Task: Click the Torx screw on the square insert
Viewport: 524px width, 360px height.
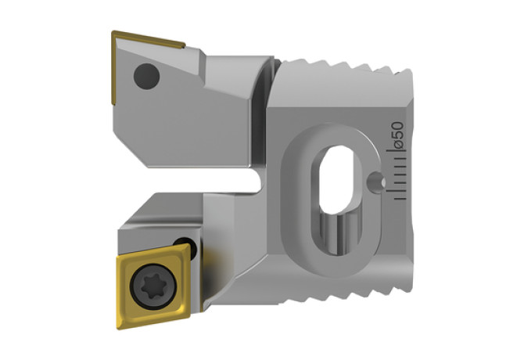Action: pyautogui.click(x=153, y=286)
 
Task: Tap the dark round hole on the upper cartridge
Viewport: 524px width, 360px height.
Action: pyautogui.click(x=146, y=76)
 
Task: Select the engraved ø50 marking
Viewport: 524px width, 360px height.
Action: pyautogui.click(x=397, y=135)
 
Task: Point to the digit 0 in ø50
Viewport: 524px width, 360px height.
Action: pyautogui.click(x=397, y=126)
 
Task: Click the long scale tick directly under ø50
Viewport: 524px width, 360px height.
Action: pyautogui.click(x=397, y=151)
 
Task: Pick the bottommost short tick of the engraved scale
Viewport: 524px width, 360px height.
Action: pyautogui.click(x=400, y=199)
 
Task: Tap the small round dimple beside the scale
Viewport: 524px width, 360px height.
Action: pyautogui.click(x=376, y=182)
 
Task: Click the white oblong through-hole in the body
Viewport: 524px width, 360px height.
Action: pyautogui.click(x=336, y=179)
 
